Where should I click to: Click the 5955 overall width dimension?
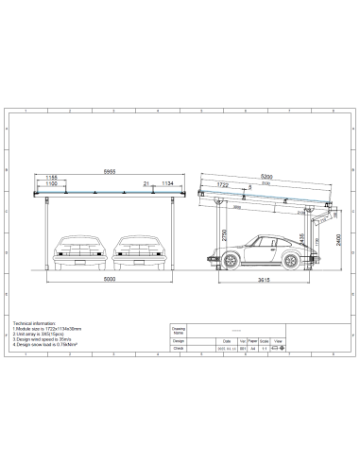pyautogui.click(x=111, y=171)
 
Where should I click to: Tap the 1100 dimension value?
pyautogui.click(x=53, y=184)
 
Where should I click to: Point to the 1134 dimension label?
pyautogui.click(x=166, y=183)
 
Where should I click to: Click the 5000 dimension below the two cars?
pyautogui.click(x=111, y=281)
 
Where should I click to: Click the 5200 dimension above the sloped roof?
pyautogui.click(x=268, y=177)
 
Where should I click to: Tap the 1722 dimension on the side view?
pyautogui.click(x=224, y=185)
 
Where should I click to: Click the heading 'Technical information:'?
pyautogui.click(x=35, y=323)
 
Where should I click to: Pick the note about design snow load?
pyautogui.click(x=48, y=345)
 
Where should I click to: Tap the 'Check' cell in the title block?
pyautogui.click(x=178, y=349)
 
